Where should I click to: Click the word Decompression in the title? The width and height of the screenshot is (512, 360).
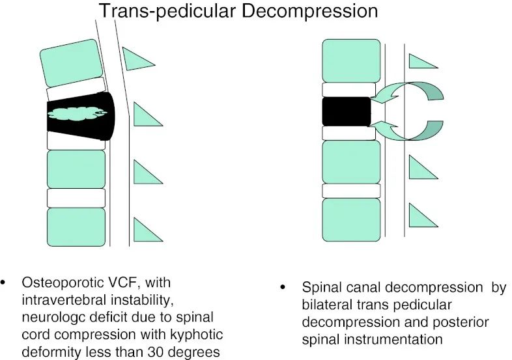pyautogui.click(x=316, y=11)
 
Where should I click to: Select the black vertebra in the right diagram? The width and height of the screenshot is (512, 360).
pyautogui.click(x=345, y=111)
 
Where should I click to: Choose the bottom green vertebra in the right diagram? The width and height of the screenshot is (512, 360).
pyautogui.click(x=350, y=219)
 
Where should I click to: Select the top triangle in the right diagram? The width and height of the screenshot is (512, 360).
pyautogui.click(x=421, y=61)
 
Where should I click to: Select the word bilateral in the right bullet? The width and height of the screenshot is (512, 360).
pyautogui.click(x=324, y=305)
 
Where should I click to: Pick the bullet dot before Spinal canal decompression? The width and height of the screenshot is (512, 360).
pyautogui.click(x=282, y=287)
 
